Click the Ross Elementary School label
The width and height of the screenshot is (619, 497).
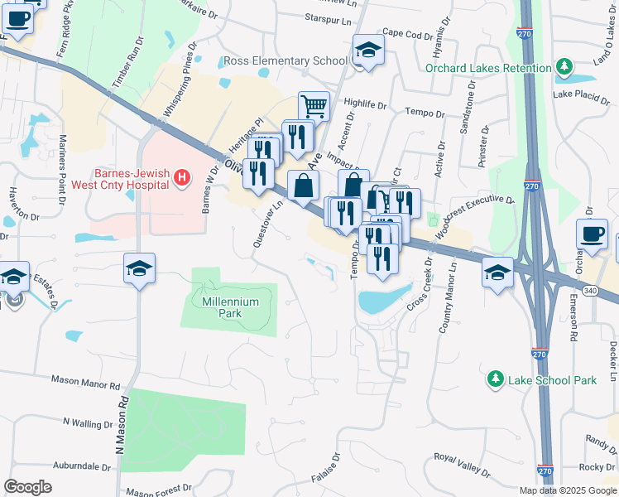(286, 61)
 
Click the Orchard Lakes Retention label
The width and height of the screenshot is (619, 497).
(488, 68)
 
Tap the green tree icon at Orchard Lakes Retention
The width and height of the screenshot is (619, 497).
(564, 66)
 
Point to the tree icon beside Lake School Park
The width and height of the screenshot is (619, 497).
(495, 379)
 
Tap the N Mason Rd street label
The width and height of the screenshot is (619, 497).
(122, 422)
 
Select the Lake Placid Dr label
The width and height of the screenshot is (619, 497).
(582, 94)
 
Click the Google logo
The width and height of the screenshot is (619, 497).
(28, 487)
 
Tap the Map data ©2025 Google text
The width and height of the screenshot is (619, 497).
(567, 490)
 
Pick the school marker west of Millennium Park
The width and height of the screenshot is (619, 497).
(140, 268)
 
